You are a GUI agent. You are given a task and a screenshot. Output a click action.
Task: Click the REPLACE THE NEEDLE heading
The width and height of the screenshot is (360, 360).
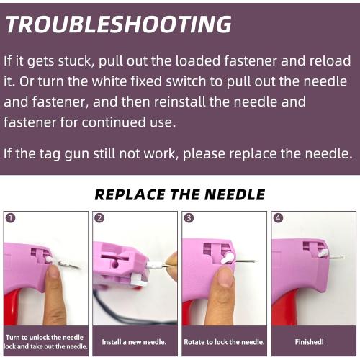click(179, 194)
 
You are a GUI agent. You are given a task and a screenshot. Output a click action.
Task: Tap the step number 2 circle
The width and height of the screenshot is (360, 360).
click(99, 217)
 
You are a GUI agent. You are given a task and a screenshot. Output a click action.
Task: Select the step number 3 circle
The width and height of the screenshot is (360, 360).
click(189, 217)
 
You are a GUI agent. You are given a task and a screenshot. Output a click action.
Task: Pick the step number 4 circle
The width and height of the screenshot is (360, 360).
click(278, 217)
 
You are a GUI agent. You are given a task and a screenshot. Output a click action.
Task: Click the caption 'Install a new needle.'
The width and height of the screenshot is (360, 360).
click(135, 341)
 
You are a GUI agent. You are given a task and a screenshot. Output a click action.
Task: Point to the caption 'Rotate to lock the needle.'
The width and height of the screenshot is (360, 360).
click(224, 341)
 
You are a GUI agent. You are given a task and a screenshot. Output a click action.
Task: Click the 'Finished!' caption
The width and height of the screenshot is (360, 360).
click(313, 341)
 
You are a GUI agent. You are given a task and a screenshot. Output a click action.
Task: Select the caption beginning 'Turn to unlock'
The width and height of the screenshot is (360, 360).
click(45, 341)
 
